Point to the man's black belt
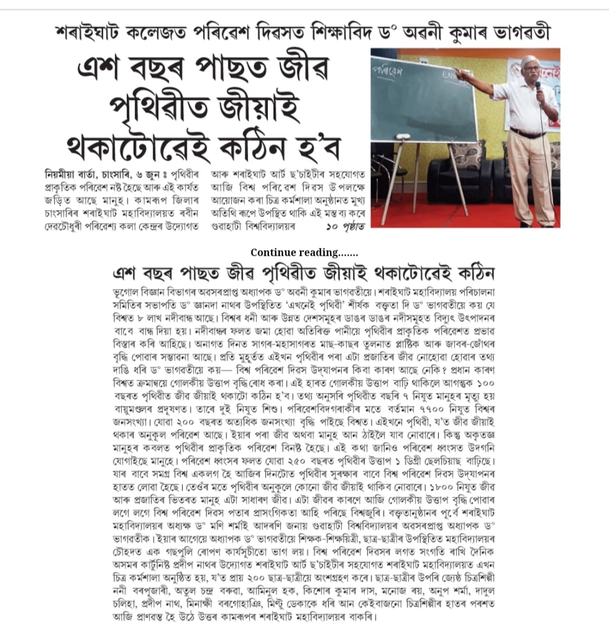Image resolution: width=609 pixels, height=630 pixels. pyautogui.click(x=527, y=134)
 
